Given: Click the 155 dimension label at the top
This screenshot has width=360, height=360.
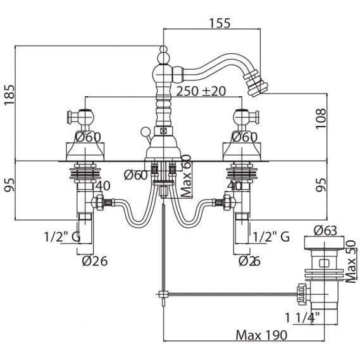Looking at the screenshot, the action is point(220,23).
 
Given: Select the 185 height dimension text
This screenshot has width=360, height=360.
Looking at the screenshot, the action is point(9,95).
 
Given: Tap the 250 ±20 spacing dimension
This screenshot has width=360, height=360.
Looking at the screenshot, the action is point(201,91).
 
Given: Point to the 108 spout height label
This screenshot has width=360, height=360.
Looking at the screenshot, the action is point(321,119).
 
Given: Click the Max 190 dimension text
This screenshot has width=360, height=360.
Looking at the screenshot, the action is point(261,335).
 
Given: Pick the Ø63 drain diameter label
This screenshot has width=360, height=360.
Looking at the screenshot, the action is point(325,230).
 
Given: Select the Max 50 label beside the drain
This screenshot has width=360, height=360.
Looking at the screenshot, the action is point(351,262).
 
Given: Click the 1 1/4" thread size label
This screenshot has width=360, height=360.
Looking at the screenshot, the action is point(302,318).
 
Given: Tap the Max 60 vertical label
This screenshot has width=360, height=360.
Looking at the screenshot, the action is point(186,177).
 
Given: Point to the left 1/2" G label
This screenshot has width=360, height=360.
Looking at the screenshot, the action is point(62,237).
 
